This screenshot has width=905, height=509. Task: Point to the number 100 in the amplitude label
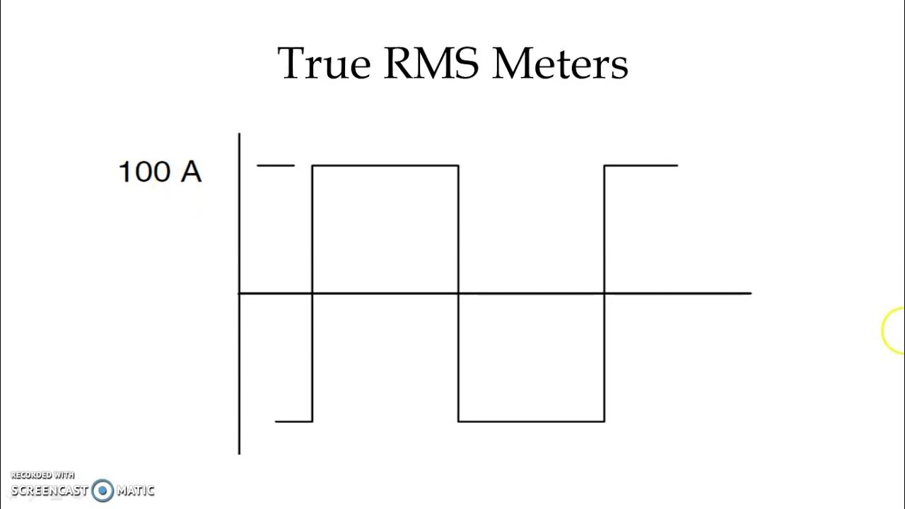click(x=144, y=172)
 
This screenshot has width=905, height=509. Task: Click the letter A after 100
click(x=191, y=172)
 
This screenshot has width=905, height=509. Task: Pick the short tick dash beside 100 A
click(x=276, y=165)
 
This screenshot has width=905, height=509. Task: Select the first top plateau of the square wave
click(x=385, y=165)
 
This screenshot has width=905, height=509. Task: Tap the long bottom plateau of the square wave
click(x=531, y=421)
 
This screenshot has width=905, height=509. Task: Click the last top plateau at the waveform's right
click(x=641, y=165)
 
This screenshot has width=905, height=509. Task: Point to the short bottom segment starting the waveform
click(x=293, y=421)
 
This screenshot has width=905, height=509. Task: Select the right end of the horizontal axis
click(x=749, y=293)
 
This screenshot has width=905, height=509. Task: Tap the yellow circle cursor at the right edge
click(x=894, y=330)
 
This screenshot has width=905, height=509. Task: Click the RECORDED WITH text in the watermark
click(x=42, y=475)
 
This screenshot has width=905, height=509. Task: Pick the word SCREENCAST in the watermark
click(x=49, y=490)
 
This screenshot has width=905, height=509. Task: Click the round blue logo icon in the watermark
click(x=103, y=490)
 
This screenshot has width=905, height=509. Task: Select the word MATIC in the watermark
click(x=135, y=490)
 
